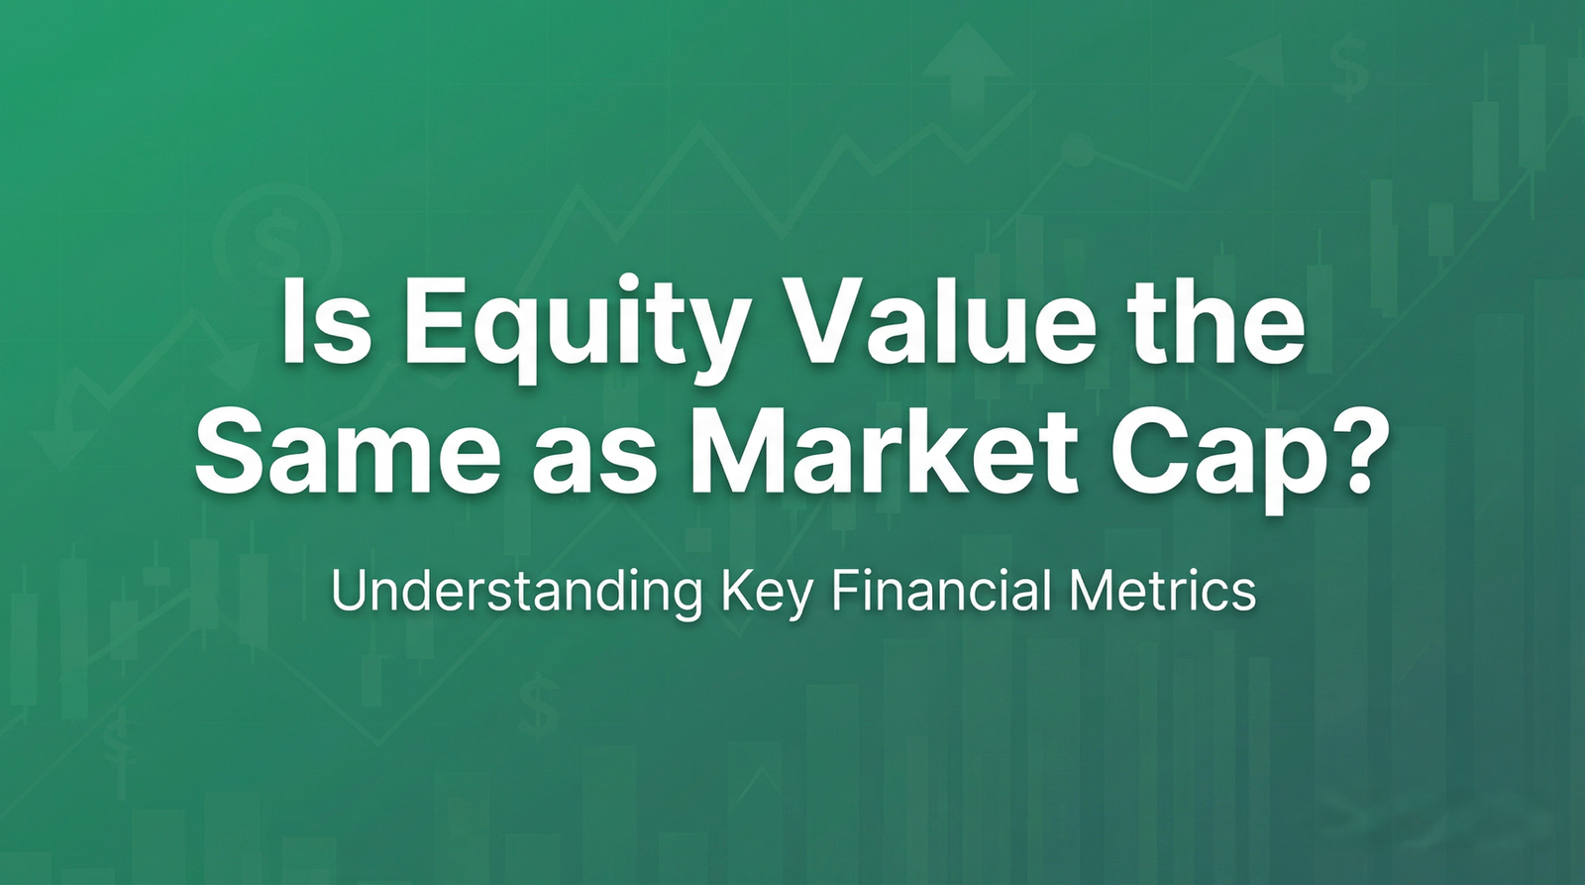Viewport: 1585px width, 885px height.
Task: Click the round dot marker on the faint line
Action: tap(1077, 152)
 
